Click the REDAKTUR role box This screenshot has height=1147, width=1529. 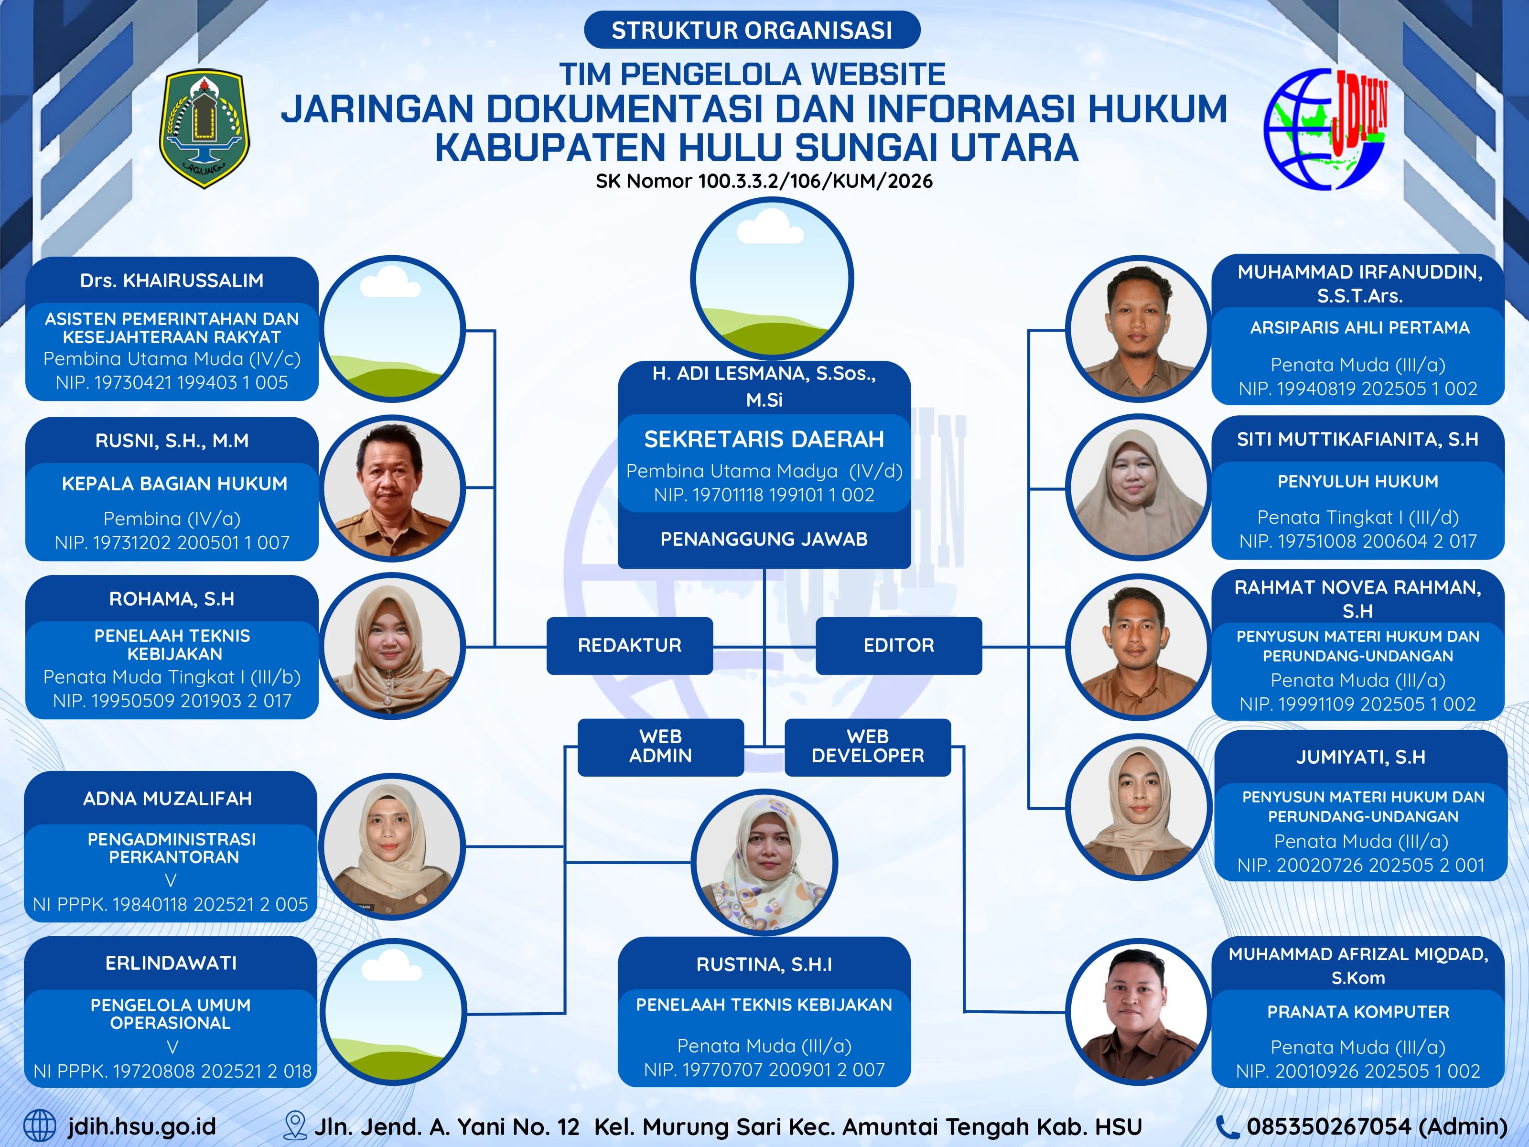pos(629,645)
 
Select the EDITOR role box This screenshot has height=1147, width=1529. pos(899,645)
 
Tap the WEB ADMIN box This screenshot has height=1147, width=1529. pos(660,747)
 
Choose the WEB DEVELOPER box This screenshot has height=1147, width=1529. pos(868,747)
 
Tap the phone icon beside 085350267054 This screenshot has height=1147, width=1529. pos(1227,1126)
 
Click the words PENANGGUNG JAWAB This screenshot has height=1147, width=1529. pos(764,539)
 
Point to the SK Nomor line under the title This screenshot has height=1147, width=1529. pos(764,181)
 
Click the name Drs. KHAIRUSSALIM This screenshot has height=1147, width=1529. pos(172,281)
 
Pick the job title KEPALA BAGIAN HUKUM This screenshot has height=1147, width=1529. pos(174,484)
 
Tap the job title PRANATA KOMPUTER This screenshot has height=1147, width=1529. pos(1357,1012)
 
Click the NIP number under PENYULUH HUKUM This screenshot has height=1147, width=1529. pos(1357,541)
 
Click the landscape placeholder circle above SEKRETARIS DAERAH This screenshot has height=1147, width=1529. pos(771,279)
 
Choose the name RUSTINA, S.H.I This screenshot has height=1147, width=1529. pos(764,964)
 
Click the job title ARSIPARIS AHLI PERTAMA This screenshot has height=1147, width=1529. pos(1359,328)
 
